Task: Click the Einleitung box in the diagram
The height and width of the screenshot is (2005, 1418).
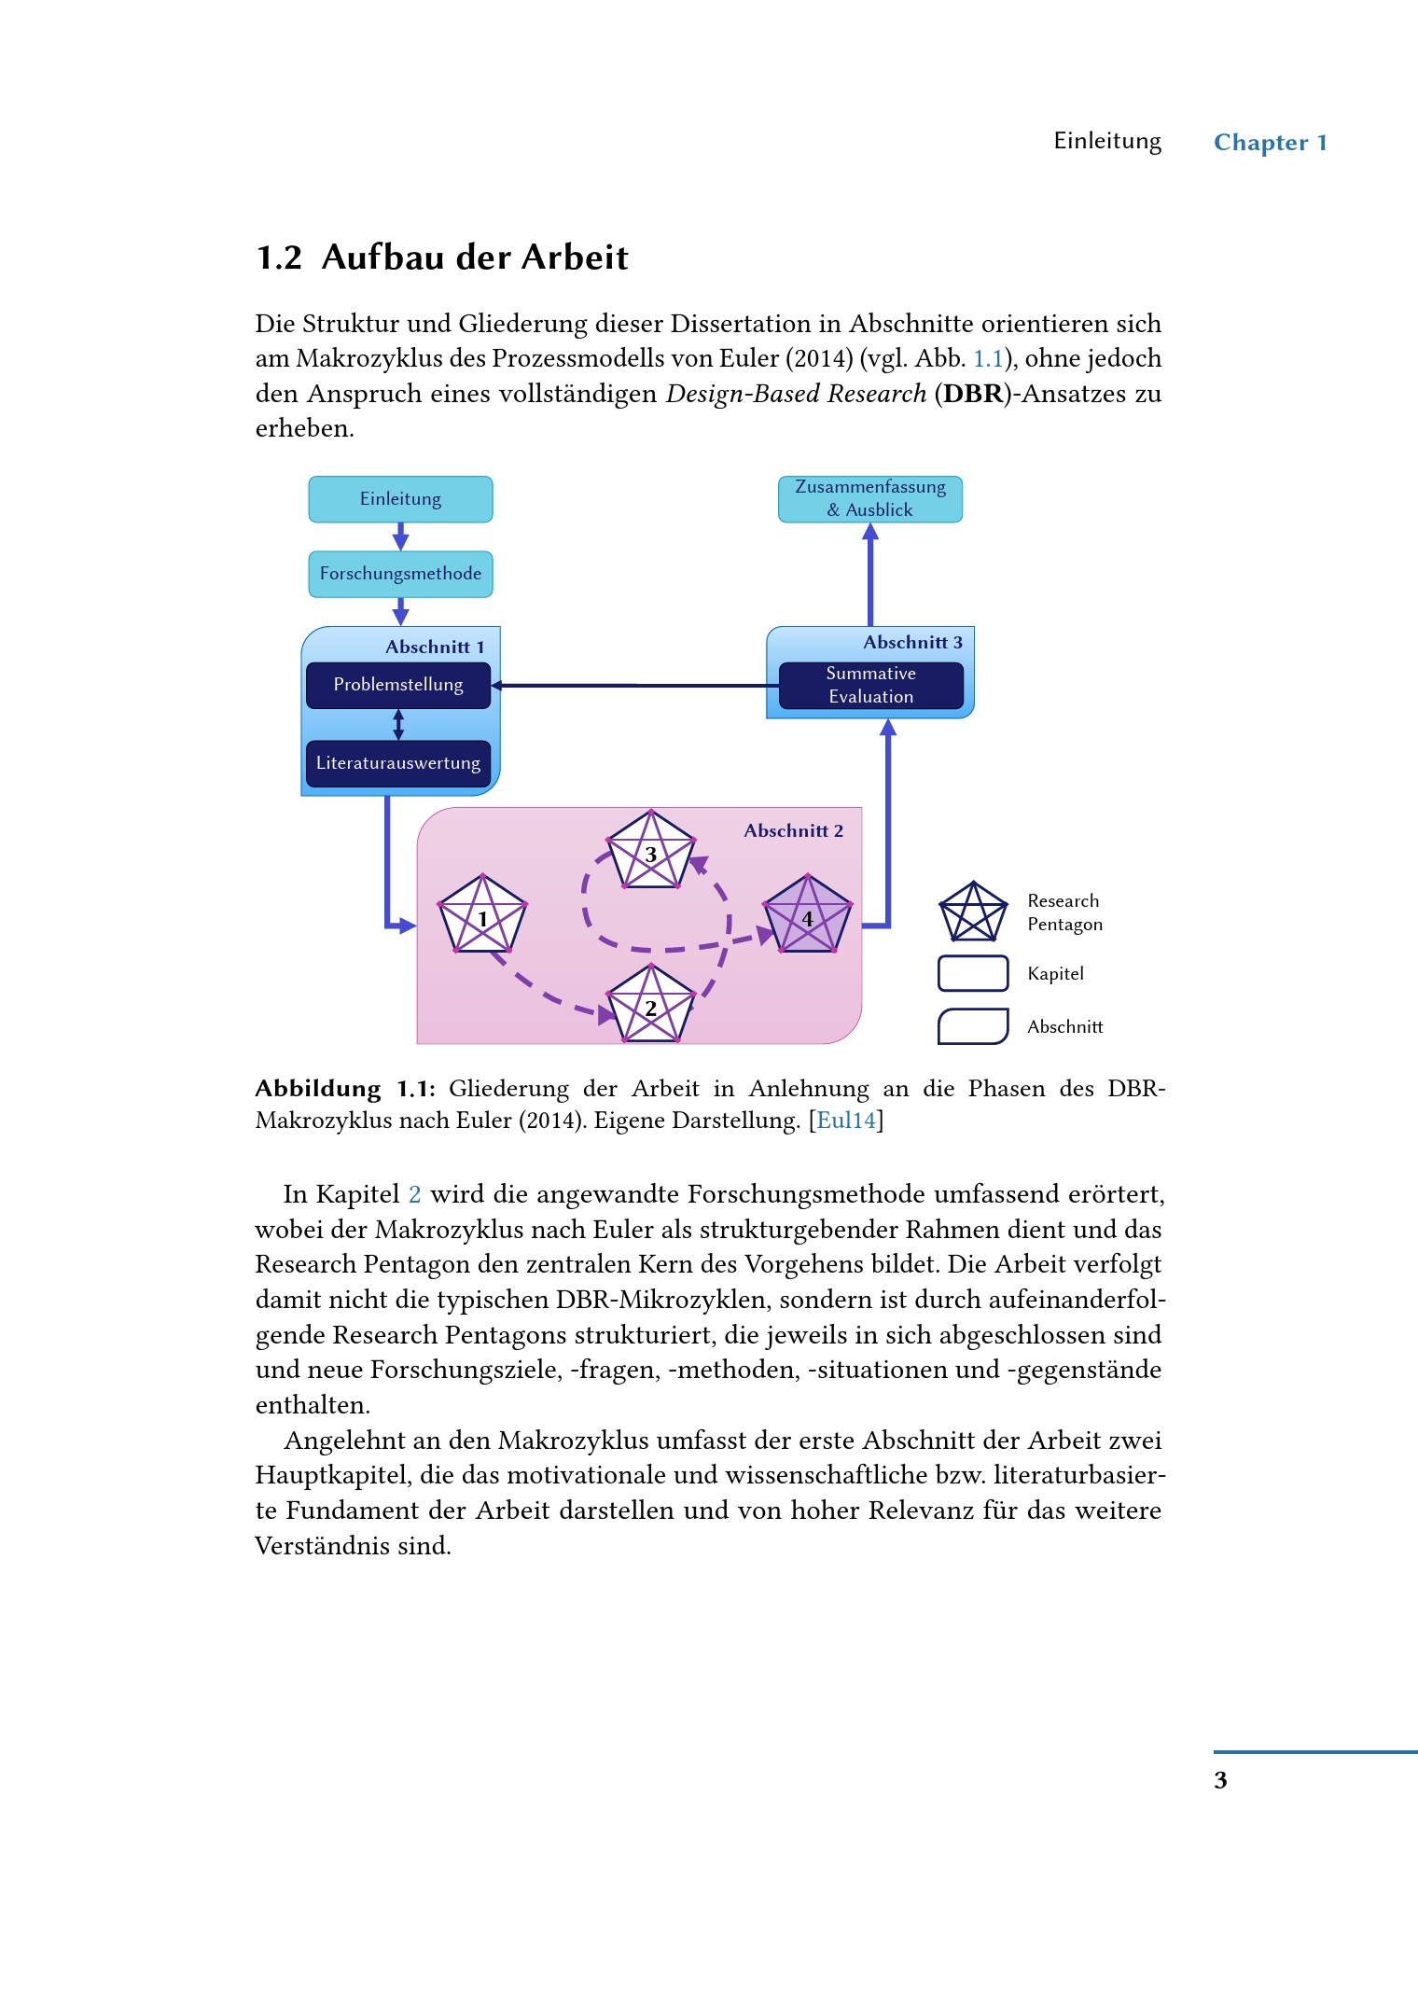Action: (400, 499)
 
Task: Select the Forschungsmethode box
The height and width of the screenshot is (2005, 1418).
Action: (400, 574)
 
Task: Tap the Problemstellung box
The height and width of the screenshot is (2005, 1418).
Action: (398, 685)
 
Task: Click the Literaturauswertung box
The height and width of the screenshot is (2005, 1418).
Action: (398, 763)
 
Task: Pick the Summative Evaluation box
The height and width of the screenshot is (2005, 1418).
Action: (870, 685)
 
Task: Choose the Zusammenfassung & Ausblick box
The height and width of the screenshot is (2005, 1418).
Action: (869, 499)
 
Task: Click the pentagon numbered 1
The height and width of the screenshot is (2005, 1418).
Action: (482, 915)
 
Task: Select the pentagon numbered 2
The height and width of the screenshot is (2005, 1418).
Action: (650, 1006)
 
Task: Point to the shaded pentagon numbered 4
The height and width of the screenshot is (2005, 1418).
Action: (807, 916)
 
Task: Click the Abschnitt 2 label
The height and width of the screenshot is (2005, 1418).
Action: (793, 830)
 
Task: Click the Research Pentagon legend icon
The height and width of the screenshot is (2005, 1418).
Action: (973, 912)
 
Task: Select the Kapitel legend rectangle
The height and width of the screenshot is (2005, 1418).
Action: (973, 973)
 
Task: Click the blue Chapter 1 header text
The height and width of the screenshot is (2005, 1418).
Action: (1270, 143)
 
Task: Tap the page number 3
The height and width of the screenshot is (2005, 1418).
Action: (1220, 1780)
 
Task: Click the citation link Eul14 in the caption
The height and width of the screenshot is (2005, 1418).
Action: (846, 1121)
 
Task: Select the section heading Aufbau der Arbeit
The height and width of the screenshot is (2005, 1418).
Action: (475, 258)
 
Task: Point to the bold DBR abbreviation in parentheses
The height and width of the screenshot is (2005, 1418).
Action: (973, 394)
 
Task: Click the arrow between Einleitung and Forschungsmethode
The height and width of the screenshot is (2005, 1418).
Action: (400, 536)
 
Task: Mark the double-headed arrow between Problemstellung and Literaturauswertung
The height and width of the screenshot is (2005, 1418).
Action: (398, 725)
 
